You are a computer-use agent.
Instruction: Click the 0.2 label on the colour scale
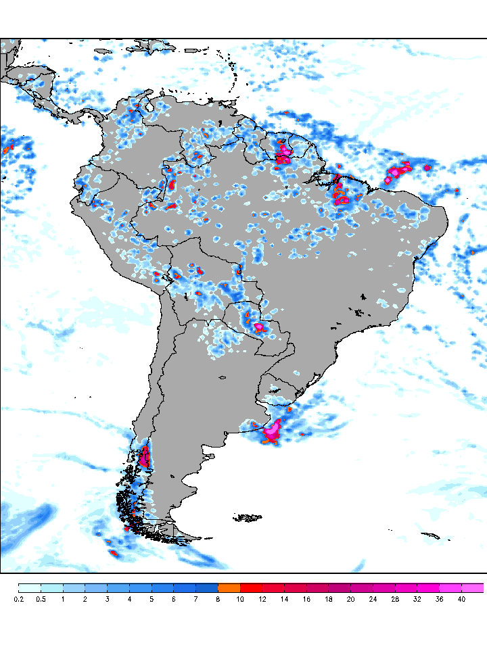pos(18,598)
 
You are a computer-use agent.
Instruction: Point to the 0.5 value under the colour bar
pos(41,598)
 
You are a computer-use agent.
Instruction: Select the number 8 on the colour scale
pos(218,598)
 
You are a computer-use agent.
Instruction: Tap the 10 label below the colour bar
pos(240,598)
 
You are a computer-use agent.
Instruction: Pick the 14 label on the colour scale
pos(284,598)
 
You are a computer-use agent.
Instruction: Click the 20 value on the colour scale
pos(350,598)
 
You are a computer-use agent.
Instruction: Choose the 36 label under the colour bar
pos(439,598)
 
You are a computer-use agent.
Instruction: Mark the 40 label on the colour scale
pos(461,598)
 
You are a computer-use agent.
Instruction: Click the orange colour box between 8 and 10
pos(229,587)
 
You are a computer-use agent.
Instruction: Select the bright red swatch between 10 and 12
pos(251,587)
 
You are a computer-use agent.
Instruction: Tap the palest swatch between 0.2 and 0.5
pos(29,587)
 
